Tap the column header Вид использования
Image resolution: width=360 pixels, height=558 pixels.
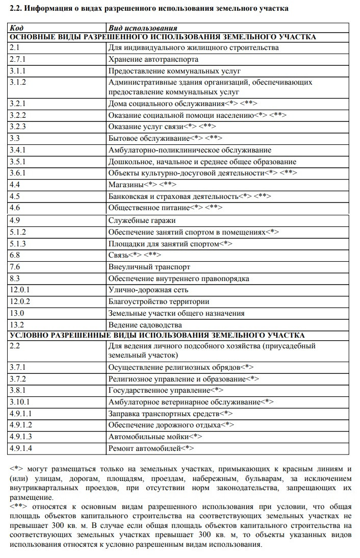click(x=143, y=28)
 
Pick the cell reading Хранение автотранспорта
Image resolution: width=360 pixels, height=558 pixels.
click(x=153, y=60)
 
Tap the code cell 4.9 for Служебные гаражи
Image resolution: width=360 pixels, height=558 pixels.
click(x=15, y=220)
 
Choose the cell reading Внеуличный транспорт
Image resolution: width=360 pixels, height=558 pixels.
click(x=149, y=267)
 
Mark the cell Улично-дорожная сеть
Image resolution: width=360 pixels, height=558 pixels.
click(x=148, y=290)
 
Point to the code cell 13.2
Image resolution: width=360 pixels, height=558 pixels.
click(x=17, y=325)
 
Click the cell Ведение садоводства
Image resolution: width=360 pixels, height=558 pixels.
click(x=145, y=325)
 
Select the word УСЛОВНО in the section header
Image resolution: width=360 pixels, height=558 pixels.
click(x=30, y=335)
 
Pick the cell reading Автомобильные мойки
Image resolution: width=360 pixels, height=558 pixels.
click(x=148, y=437)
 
